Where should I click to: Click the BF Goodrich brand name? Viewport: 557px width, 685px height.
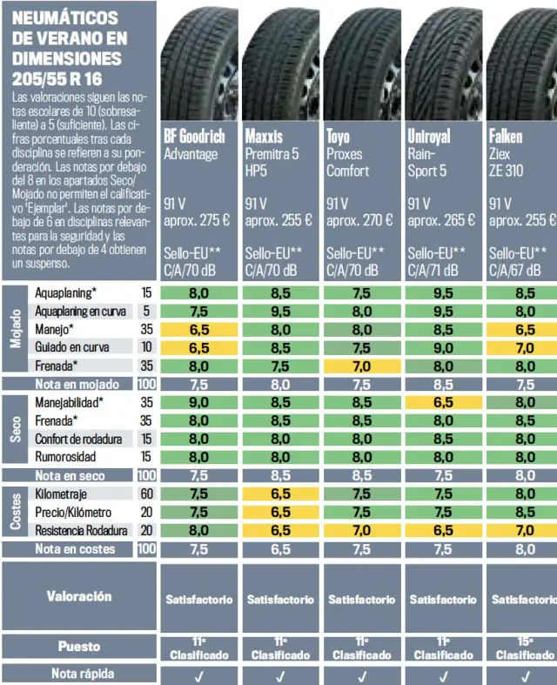click(x=194, y=136)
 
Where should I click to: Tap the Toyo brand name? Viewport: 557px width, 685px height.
click(x=338, y=136)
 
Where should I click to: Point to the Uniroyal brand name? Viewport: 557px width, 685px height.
click(x=429, y=136)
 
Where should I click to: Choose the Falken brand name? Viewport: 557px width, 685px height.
click(x=506, y=136)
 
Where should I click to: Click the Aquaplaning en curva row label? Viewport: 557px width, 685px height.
click(x=81, y=311)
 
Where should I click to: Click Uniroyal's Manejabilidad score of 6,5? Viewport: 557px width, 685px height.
click(x=443, y=402)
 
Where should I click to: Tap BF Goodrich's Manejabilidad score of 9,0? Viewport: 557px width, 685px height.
click(x=198, y=402)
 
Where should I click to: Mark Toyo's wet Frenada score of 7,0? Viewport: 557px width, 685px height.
click(x=362, y=365)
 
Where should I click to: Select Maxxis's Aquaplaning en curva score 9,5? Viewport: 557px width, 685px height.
click(x=280, y=311)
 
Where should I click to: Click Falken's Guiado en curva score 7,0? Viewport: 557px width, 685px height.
click(x=525, y=347)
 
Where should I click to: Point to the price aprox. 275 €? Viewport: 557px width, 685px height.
click(x=197, y=220)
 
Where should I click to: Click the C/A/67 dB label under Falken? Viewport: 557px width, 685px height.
click(x=519, y=270)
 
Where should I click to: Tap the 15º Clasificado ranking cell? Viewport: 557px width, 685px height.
click(x=525, y=648)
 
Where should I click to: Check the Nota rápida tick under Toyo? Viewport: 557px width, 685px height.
click(x=362, y=675)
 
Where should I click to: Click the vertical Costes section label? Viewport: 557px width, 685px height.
click(x=16, y=513)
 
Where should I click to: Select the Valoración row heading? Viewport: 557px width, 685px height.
click(x=79, y=596)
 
